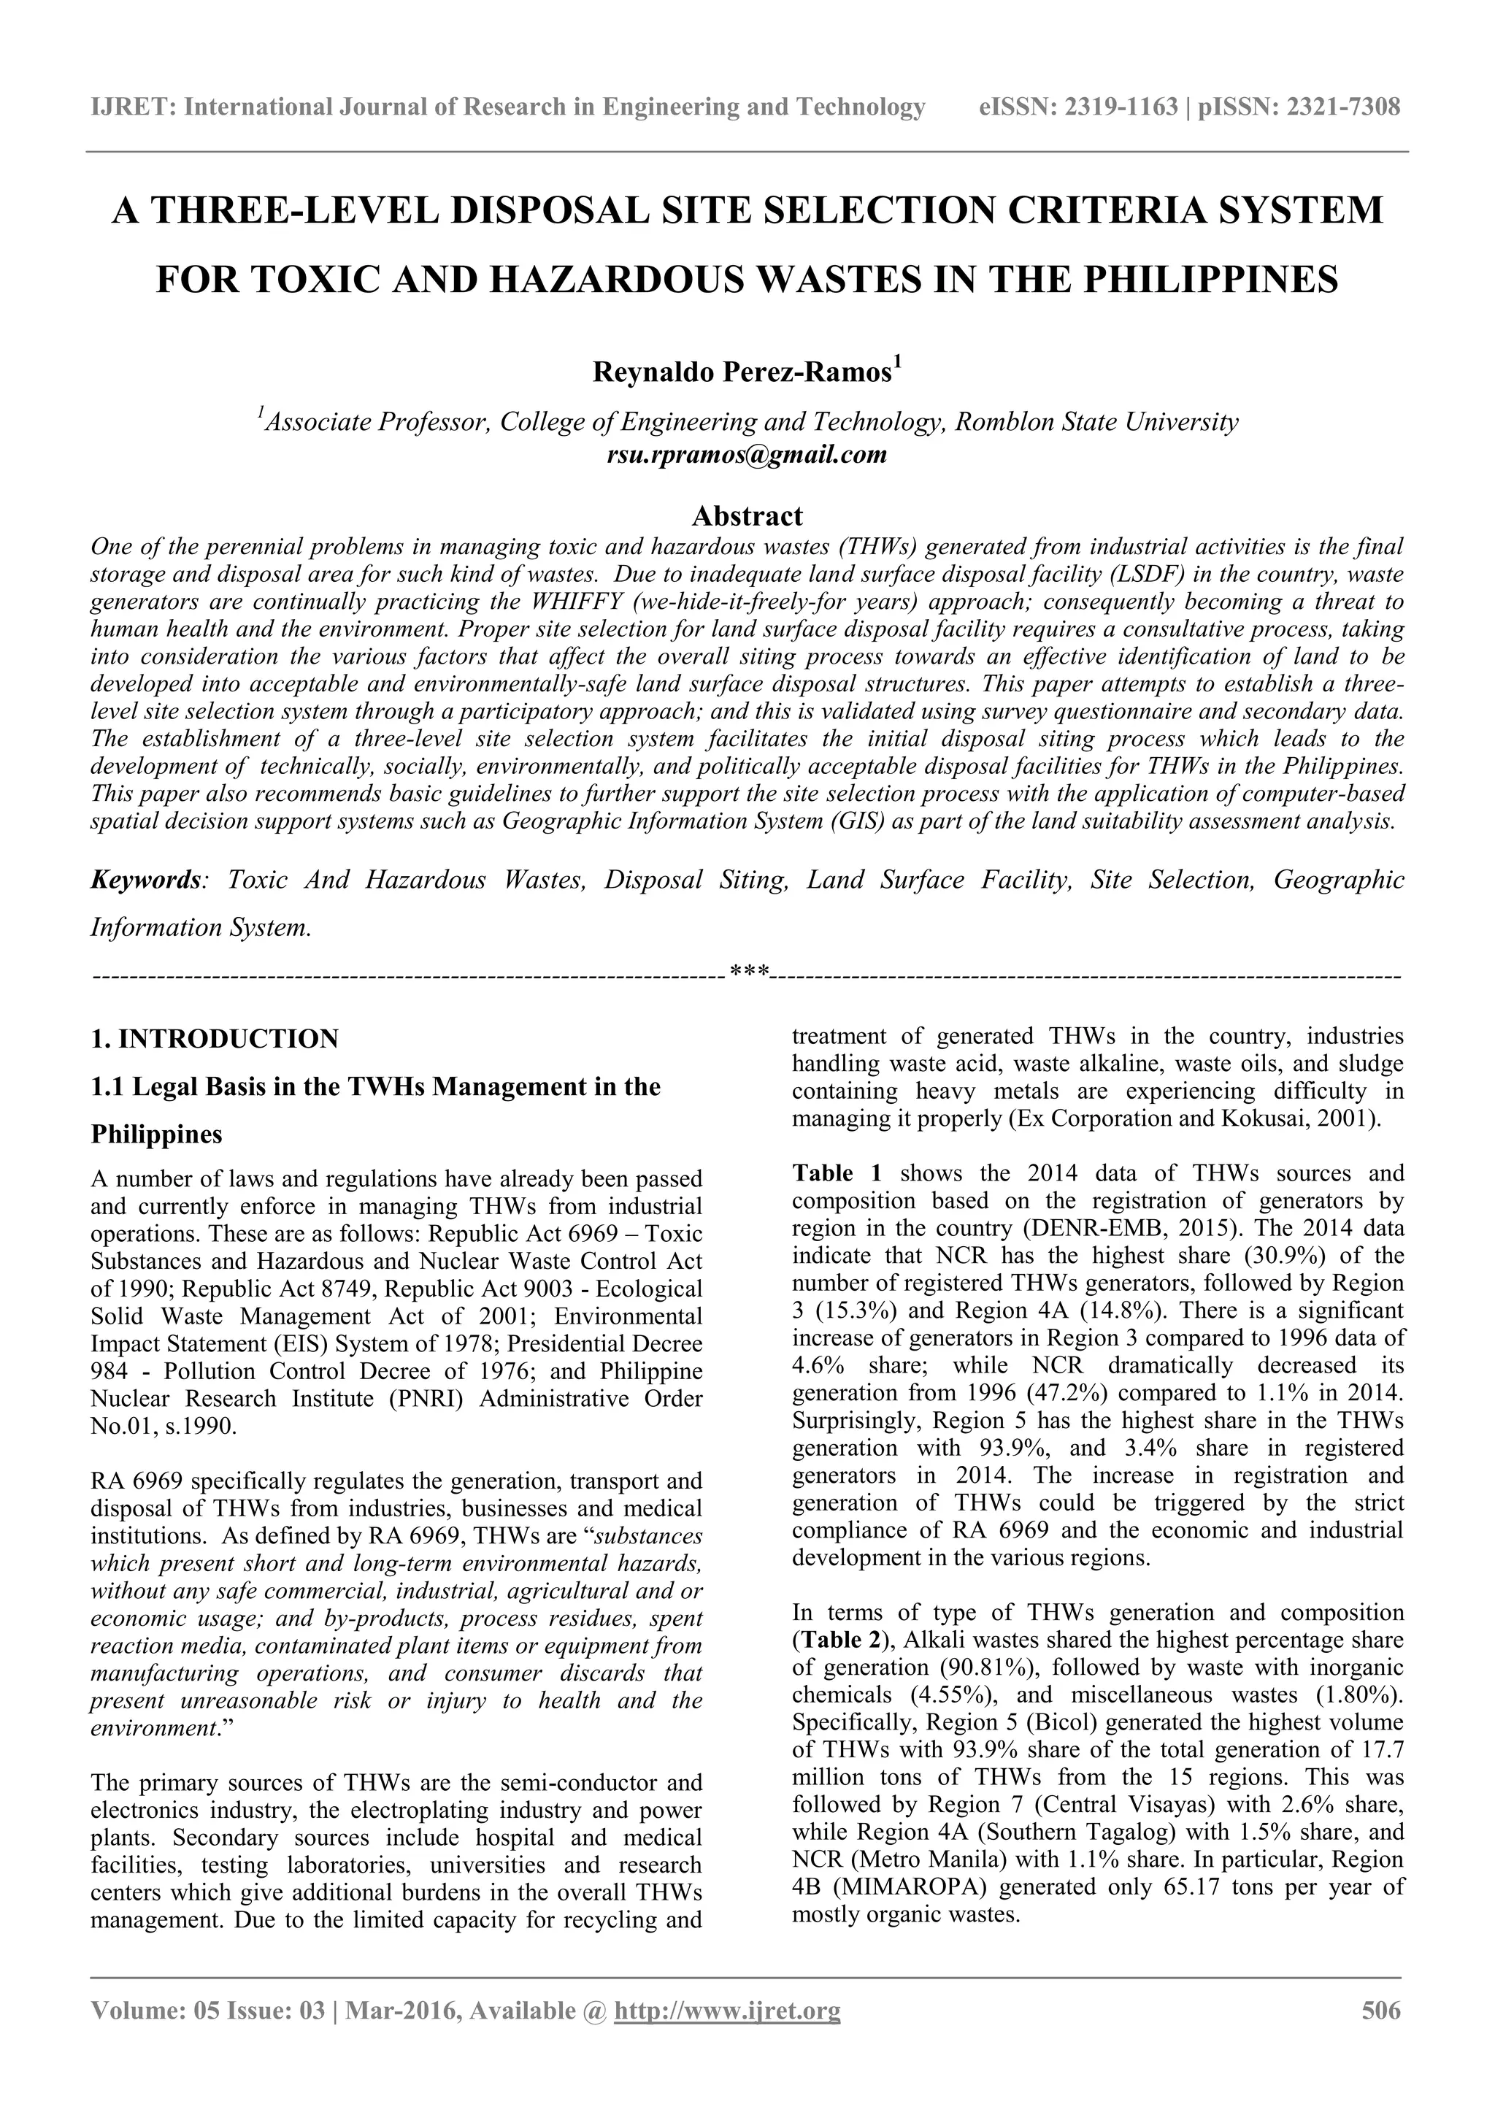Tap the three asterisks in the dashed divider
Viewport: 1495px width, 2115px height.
tap(748, 972)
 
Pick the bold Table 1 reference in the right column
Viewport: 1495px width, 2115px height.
tap(837, 1173)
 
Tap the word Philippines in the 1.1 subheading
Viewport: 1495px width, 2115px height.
tap(157, 1134)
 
